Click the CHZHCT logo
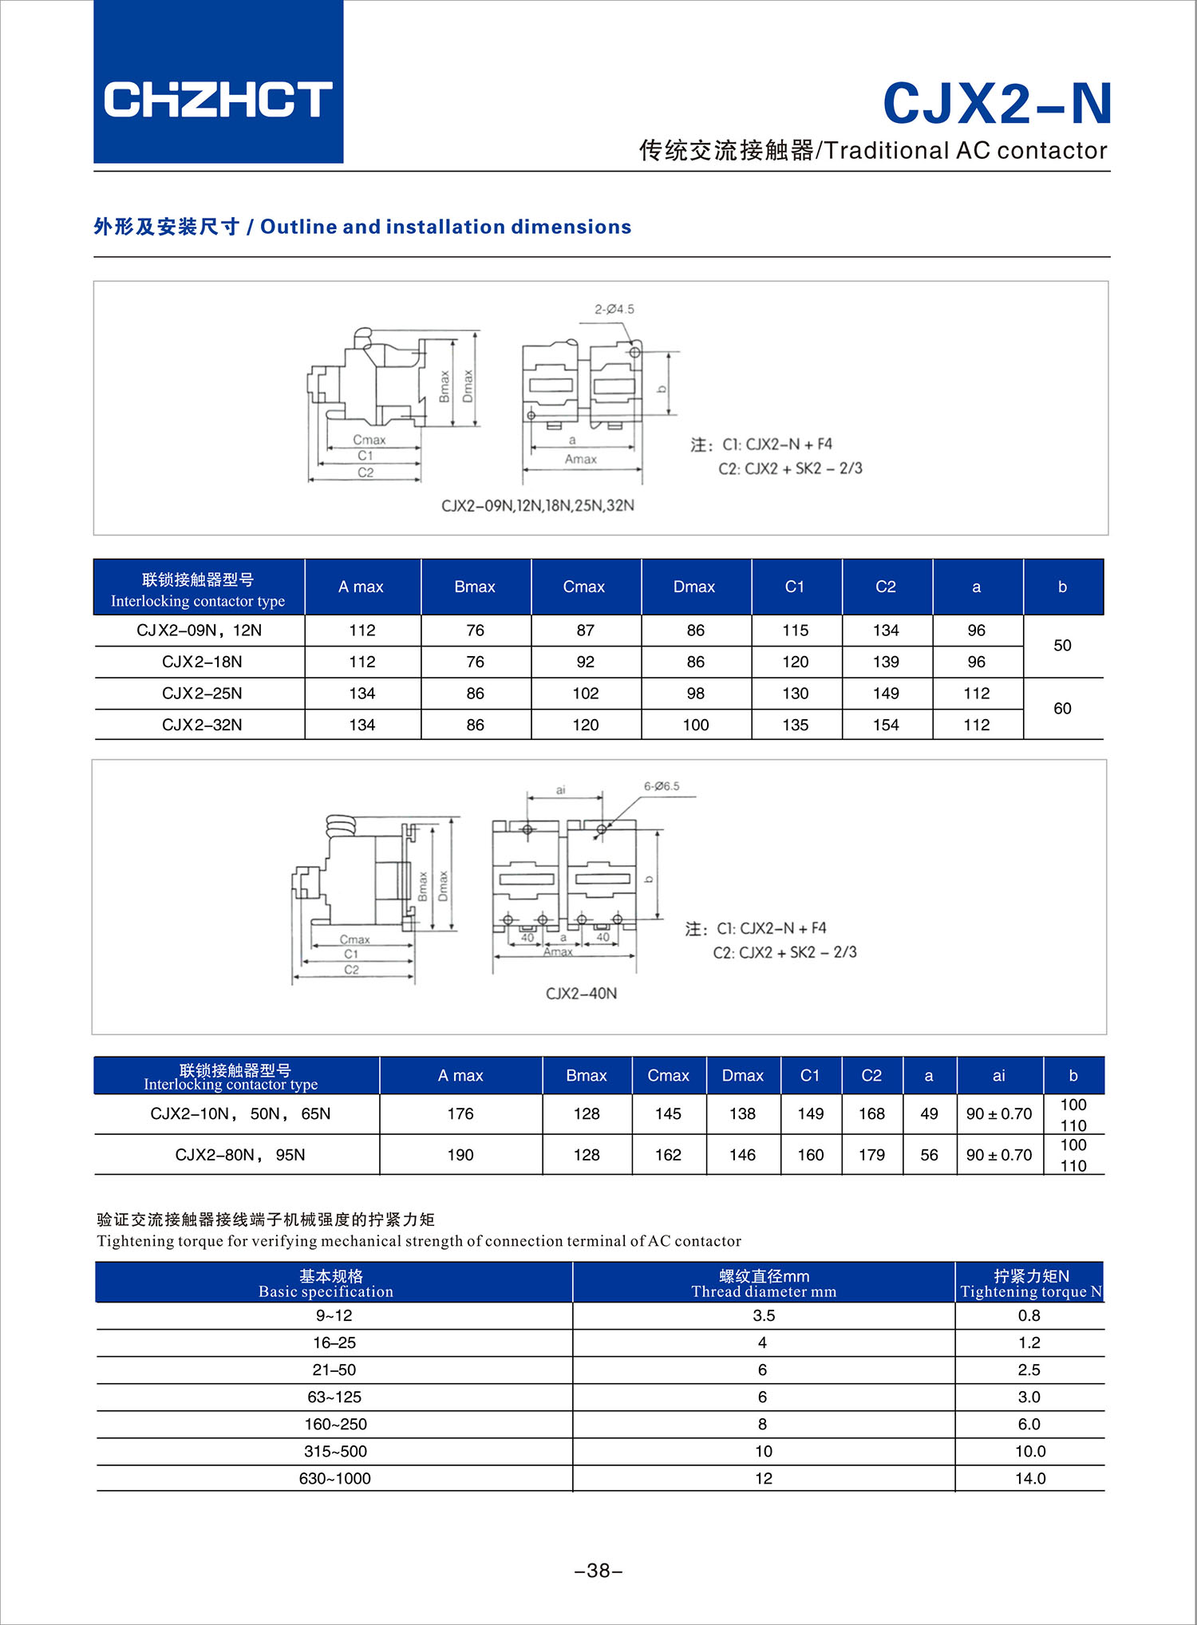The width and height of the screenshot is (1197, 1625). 218,99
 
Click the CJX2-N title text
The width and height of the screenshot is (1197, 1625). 997,104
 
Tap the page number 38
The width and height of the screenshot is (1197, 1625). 598,1571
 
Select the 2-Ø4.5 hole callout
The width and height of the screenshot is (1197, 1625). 614,309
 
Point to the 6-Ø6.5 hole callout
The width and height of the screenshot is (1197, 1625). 662,786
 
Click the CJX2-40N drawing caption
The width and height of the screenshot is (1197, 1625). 581,994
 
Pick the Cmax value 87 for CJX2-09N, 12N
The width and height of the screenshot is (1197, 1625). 585,631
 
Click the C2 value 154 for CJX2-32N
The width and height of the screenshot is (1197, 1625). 886,725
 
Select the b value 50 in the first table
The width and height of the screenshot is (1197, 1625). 1062,646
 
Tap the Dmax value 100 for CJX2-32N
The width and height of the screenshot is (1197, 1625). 695,725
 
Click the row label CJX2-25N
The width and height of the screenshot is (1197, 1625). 202,694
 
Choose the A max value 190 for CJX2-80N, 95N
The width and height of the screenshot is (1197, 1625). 460,1155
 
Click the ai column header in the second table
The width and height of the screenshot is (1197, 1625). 998,1076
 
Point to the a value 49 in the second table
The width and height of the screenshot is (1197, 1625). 929,1113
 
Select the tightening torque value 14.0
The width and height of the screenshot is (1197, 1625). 1029,1478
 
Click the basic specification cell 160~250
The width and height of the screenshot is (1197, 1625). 335,1424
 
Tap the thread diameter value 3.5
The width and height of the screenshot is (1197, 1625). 764,1315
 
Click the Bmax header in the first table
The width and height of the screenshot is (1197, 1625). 475,587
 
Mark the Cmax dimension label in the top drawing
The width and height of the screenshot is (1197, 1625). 369,440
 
